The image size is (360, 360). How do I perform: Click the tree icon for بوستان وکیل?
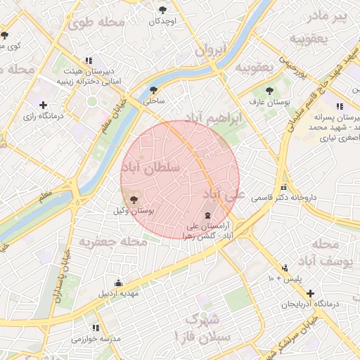coord(134,200)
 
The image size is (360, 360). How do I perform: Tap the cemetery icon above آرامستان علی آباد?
coord(207,215)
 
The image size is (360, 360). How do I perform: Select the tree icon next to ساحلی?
coord(153,90)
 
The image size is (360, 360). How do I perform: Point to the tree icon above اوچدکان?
coord(163,10)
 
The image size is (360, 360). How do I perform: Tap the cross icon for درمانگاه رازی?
coord(44,105)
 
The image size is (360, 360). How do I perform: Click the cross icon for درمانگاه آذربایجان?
coord(310,292)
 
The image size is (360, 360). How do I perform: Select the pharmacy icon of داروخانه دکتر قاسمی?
coord(284,187)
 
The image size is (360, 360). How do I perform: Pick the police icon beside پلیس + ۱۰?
coord(285,268)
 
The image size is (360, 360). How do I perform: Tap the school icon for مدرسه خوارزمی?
coord(96,328)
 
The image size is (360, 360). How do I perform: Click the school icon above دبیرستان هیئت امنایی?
coord(88,60)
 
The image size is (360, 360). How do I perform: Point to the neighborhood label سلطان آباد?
coord(151,167)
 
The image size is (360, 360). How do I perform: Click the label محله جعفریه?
coord(112,242)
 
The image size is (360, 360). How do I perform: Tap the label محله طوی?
coord(96,22)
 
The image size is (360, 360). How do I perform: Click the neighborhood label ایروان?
coord(210,51)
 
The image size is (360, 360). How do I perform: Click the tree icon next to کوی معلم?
coord(4,35)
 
